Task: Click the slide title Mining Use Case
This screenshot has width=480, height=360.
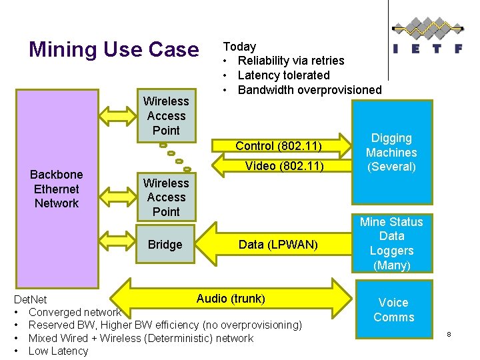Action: pyautogui.click(x=113, y=49)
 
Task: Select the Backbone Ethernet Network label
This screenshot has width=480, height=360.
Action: pyautogui.click(x=56, y=189)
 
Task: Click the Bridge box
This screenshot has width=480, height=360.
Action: pyautogui.click(x=165, y=245)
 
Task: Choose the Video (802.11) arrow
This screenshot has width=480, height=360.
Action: pyautogui.click(x=280, y=166)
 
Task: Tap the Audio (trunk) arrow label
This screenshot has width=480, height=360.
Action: pyautogui.click(x=231, y=299)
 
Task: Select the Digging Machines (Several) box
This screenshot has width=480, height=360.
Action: pyautogui.click(x=391, y=153)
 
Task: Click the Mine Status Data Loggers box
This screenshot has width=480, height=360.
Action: pyautogui.click(x=391, y=243)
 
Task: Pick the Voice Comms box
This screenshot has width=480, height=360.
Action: pyautogui.click(x=393, y=310)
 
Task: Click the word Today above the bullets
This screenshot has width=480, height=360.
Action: pyautogui.click(x=239, y=47)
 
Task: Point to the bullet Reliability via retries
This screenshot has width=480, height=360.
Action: pyautogui.click(x=291, y=61)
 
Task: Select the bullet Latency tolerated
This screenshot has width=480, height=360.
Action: pyautogui.click(x=283, y=75)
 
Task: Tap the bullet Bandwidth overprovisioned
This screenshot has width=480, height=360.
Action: pyautogui.click(x=309, y=90)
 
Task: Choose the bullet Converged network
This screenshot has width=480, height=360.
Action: pyautogui.click(x=74, y=312)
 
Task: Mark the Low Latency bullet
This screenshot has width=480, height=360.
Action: pyautogui.click(x=58, y=351)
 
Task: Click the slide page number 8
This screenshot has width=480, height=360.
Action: pyautogui.click(x=449, y=333)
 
